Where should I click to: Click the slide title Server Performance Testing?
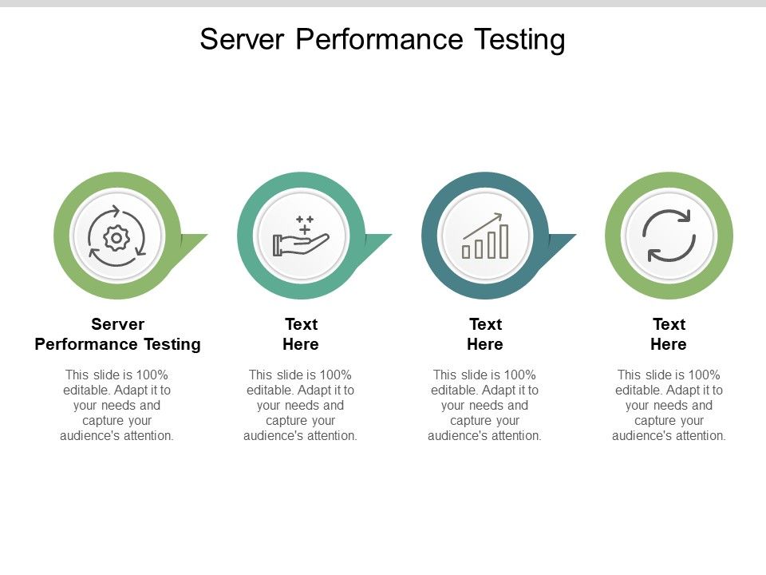pyautogui.click(x=382, y=38)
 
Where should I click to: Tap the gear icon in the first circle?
pyautogui.click(x=117, y=236)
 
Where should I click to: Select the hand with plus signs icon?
pyautogui.click(x=301, y=236)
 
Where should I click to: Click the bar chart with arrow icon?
pyautogui.click(x=485, y=236)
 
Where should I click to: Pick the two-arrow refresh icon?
pyautogui.click(x=669, y=236)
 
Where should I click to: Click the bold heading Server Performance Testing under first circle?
pyautogui.click(x=117, y=334)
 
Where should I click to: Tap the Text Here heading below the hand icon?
pyautogui.click(x=301, y=334)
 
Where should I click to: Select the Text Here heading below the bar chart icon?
pyautogui.click(x=485, y=334)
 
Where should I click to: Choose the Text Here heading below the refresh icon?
pyautogui.click(x=669, y=334)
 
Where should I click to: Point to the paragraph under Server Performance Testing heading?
pyautogui.click(x=117, y=405)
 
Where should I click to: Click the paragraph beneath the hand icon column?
pyautogui.click(x=301, y=405)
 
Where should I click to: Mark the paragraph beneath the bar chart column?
pyautogui.click(x=485, y=405)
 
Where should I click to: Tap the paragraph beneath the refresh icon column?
pyautogui.click(x=669, y=405)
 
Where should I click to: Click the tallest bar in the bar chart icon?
pyautogui.click(x=503, y=241)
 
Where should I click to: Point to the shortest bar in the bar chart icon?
pyautogui.click(x=466, y=252)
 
